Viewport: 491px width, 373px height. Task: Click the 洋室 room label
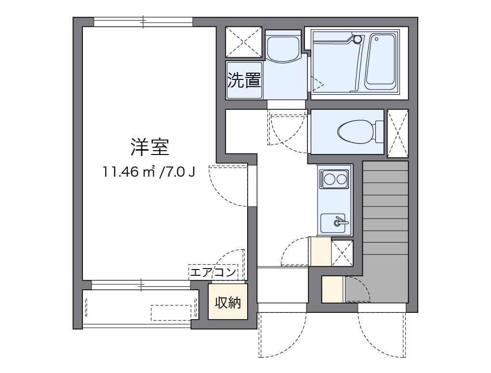tap(150, 147)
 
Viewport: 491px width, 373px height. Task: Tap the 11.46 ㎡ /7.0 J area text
tap(149, 172)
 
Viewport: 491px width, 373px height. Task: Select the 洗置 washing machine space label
tap(244, 80)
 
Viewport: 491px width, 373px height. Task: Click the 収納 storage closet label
tap(227, 302)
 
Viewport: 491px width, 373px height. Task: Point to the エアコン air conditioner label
tap(212, 272)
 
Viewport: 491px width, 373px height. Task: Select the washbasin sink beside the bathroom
tap(283, 48)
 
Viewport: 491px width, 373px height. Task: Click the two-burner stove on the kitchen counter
tap(333, 179)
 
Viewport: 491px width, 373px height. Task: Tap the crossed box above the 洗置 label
tap(244, 42)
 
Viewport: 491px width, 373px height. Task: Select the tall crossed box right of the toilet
tap(398, 133)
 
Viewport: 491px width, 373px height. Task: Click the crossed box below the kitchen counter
tap(342, 253)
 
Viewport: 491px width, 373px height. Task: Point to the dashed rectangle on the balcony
tap(171, 313)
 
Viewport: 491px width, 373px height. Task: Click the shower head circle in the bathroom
tap(357, 39)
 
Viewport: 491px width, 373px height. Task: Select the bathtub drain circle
tap(376, 39)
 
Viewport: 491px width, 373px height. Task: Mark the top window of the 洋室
tap(144, 22)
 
